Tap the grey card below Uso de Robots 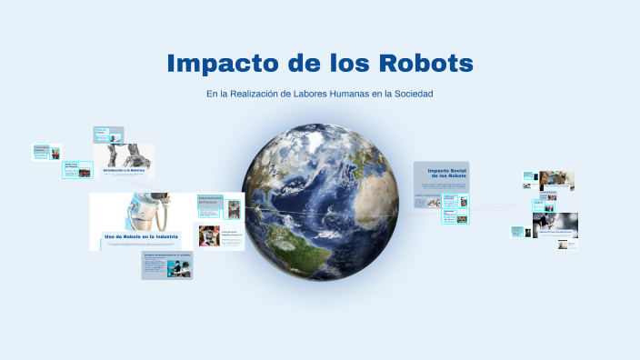[x=166, y=265]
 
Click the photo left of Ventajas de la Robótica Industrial [x=209, y=235]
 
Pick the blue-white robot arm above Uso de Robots [x=145, y=210]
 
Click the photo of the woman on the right [x=557, y=181]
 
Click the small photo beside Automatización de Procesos [x=234, y=208]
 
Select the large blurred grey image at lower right [x=555, y=225]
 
